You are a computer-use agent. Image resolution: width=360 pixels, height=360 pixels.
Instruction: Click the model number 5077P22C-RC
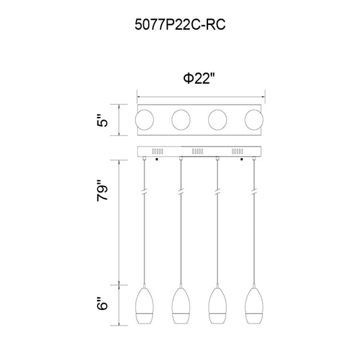180,25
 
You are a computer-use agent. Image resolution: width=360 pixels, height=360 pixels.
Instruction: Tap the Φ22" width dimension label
199,78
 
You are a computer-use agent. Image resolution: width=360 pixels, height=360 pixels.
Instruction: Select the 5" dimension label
102,120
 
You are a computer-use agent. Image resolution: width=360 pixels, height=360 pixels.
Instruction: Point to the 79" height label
102,190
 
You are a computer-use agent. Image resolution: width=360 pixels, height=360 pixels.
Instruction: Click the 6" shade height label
102,303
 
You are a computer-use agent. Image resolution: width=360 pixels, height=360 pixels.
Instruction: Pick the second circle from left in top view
181,120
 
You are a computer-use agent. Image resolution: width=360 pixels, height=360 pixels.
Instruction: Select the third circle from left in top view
217,120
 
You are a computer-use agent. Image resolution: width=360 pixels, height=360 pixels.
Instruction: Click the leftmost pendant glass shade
145,306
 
